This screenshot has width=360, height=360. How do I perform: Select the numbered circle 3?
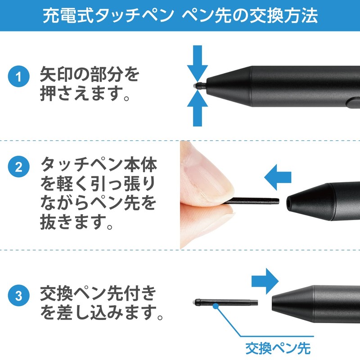(18, 297)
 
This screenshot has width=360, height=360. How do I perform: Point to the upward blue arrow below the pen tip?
(198, 108)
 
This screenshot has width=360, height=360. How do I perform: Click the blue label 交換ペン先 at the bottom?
(278, 347)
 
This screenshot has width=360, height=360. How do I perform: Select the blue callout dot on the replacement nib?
(216, 306)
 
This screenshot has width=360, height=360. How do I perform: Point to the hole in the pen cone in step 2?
(288, 203)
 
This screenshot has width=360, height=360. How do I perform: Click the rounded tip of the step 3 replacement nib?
(197, 301)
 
